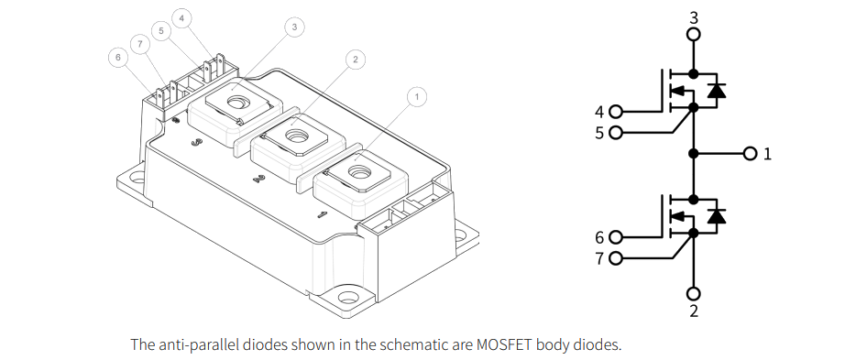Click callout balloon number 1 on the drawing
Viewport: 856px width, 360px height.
coord(416,96)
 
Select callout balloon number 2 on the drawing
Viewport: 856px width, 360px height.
coord(355,60)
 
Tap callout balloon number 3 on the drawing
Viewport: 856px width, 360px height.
coord(293,27)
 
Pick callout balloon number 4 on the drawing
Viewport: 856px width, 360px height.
coord(181,17)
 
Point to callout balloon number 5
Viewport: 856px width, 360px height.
coord(161,30)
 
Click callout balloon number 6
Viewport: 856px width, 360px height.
coord(115,57)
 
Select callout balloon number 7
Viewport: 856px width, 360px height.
coord(139,43)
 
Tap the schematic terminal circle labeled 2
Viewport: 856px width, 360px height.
coord(694,293)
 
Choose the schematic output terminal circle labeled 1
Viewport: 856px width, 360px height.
coord(751,152)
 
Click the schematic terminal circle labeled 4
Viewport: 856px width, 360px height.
coord(615,113)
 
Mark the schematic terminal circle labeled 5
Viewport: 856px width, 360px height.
coord(615,132)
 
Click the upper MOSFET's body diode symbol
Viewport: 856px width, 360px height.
coord(717,90)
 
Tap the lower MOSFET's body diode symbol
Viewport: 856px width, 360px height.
coord(717,215)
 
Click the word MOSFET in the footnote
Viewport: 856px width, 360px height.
coord(502,345)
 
